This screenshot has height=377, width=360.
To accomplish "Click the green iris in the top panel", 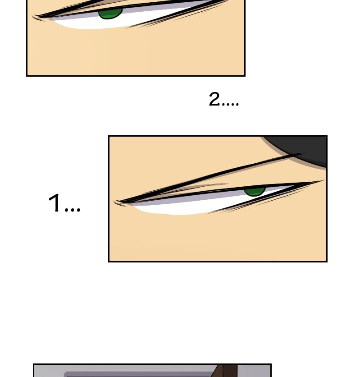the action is click(x=110, y=14).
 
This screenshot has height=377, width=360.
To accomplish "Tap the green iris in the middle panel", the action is click(x=255, y=192).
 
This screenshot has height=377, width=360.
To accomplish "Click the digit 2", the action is click(x=214, y=99).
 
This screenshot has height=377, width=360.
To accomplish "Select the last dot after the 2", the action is click(x=237, y=104).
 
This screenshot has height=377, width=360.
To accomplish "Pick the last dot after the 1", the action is click(x=78, y=210).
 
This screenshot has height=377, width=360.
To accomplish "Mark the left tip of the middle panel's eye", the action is click(x=114, y=202).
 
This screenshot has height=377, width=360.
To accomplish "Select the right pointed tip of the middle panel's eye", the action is click(x=324, y=180).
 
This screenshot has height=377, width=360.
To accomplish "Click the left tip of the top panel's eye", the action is click(x=33, y=16).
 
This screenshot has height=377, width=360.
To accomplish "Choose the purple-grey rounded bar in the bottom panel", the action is click(x=139, y=374).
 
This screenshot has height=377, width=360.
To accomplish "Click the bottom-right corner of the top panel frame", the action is click(x=245, y=76).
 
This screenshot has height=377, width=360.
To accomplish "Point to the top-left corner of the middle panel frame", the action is click(x=109, y=136).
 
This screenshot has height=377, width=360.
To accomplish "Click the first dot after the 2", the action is click(x=223, y=104).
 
